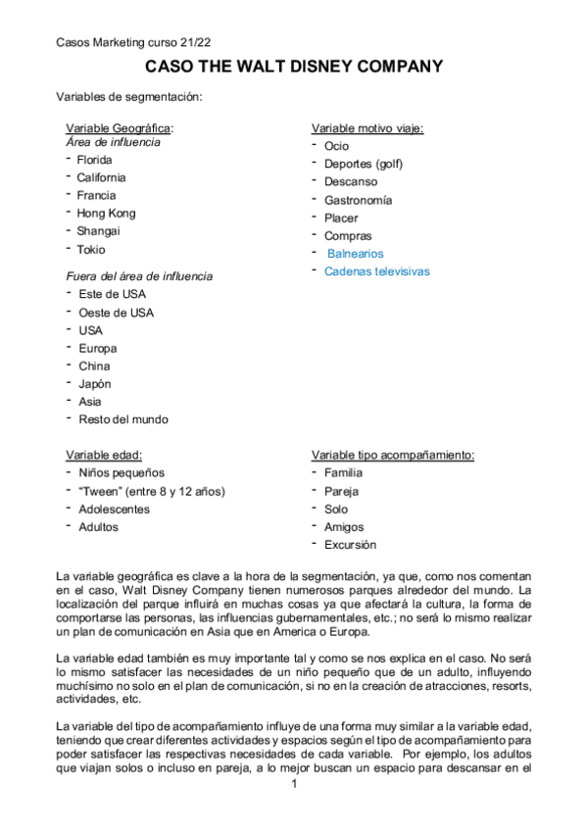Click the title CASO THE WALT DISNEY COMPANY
293,67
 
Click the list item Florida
95,160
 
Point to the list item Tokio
91,250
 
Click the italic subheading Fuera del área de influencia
139,276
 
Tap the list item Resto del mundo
123,419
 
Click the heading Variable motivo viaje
367,128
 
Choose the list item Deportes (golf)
364,164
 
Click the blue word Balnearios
356,254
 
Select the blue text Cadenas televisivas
377,271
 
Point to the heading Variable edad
104,456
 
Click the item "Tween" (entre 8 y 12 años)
152,491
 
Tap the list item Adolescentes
115,510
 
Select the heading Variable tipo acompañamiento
393,456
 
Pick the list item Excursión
350,545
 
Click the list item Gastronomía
359,200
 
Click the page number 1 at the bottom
294,784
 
